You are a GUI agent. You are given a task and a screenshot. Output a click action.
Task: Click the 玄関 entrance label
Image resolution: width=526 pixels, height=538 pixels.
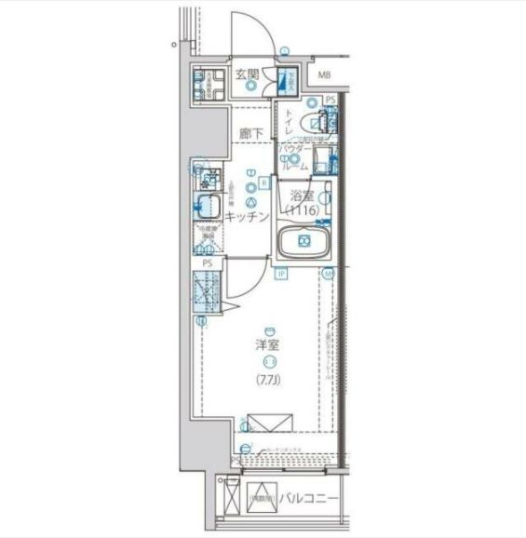point(246,74)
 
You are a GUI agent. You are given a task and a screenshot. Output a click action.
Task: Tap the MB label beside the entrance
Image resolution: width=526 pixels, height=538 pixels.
point(324,74)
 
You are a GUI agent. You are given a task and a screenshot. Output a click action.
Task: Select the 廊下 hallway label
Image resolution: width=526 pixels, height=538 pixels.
point(250,133)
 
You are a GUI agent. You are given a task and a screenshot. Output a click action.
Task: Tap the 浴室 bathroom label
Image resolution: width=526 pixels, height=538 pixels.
point(302,196)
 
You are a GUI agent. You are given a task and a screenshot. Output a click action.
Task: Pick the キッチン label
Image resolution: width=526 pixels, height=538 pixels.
point(248,216)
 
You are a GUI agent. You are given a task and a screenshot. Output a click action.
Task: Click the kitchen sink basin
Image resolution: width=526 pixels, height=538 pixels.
point(205,204)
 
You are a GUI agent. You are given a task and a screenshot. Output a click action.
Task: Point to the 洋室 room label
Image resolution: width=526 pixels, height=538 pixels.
point(269,345)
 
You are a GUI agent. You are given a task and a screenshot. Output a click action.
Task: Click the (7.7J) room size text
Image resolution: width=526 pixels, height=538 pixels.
point(269,379)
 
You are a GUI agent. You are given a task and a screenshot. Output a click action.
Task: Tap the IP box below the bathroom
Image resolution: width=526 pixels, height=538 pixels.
point(280,273)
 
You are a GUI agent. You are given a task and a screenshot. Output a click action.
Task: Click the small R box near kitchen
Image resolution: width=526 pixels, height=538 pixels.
point(264,183)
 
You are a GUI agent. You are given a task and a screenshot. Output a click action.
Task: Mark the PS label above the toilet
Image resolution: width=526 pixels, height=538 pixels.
point(330,100)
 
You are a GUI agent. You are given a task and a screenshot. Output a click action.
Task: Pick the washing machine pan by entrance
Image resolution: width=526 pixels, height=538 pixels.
point(205,85)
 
